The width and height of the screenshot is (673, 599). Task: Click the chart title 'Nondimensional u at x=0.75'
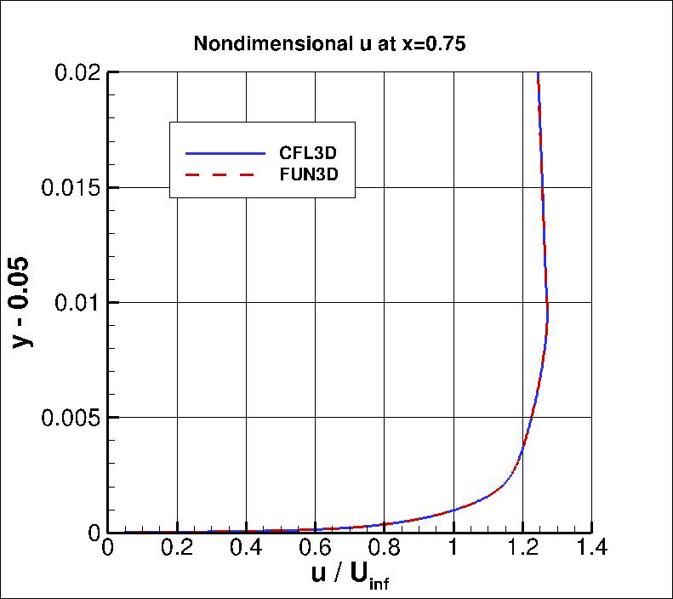[x=329, y=44]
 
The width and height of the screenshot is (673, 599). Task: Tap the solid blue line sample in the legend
[x=225, y=153]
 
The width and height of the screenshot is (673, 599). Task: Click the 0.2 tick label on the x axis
[x=177, y=549]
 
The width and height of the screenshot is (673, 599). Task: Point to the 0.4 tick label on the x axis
[x=246, y=549]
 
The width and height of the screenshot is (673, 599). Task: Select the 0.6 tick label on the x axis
[x=315, y=549]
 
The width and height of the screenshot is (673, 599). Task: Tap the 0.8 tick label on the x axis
[x=384, y=549]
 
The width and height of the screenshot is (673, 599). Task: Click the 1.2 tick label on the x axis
[x=522, y=549]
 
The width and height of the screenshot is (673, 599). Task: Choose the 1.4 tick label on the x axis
[x=590, y=549]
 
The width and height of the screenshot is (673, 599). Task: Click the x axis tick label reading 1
[x=453, y=549]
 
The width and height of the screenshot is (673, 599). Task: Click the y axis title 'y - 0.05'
[x=26, y=302]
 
